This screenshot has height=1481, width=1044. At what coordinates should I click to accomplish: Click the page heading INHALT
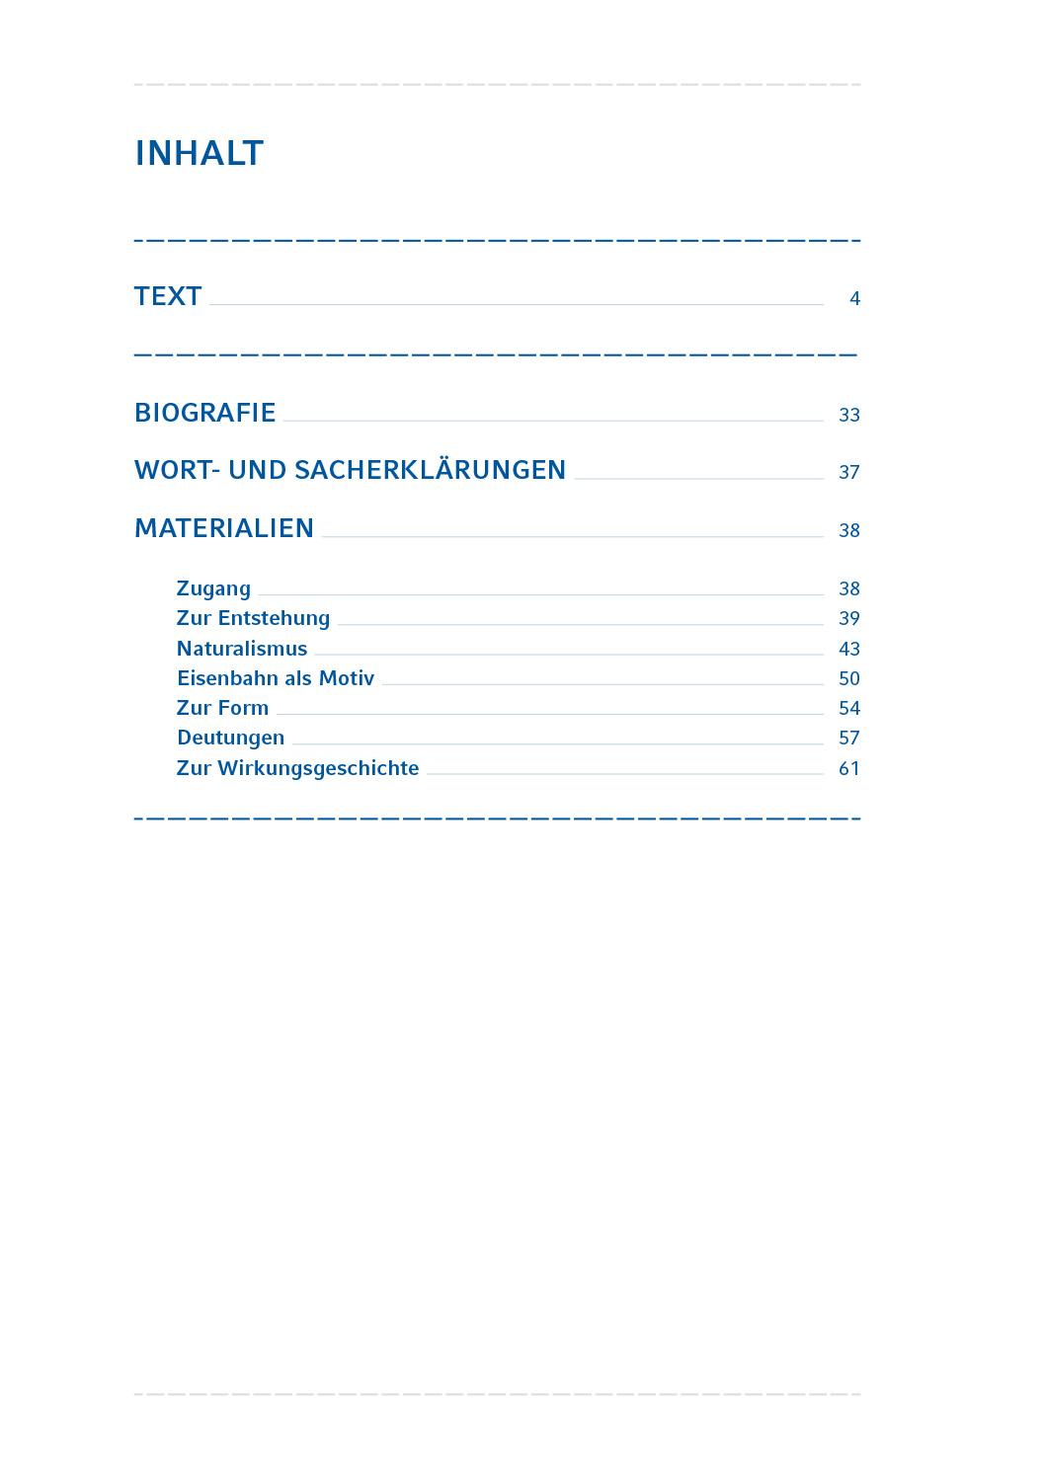[199, 154]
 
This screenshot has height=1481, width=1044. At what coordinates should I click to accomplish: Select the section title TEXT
[168, 297]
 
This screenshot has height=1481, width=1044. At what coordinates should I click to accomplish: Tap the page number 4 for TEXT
[854, 298]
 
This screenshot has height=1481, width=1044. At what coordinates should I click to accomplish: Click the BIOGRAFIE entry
[204, 413]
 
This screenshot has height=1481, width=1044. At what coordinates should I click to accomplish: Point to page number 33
[849, 416]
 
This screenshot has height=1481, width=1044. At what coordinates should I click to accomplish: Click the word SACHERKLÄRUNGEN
[430, 470]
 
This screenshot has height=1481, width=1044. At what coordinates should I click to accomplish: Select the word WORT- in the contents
[177, 470]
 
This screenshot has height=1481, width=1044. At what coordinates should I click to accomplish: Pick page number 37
[849, 473]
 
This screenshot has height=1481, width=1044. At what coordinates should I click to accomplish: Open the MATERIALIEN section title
[224, 528]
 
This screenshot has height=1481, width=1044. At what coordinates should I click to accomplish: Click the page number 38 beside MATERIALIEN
[849, 531]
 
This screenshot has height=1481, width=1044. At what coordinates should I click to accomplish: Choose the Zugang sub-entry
[213, 588]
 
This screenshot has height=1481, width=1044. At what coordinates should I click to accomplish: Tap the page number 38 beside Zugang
[849, 589]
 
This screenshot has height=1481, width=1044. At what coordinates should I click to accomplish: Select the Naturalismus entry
[242, 649]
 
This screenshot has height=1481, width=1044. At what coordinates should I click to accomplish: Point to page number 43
[849, 650]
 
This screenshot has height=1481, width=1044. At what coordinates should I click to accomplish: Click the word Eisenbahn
[223, 678]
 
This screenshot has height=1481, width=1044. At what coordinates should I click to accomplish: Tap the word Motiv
[346, 678]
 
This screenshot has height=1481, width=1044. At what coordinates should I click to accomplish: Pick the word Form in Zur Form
[244, 708]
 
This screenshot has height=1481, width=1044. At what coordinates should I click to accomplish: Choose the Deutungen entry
[230, 738]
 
